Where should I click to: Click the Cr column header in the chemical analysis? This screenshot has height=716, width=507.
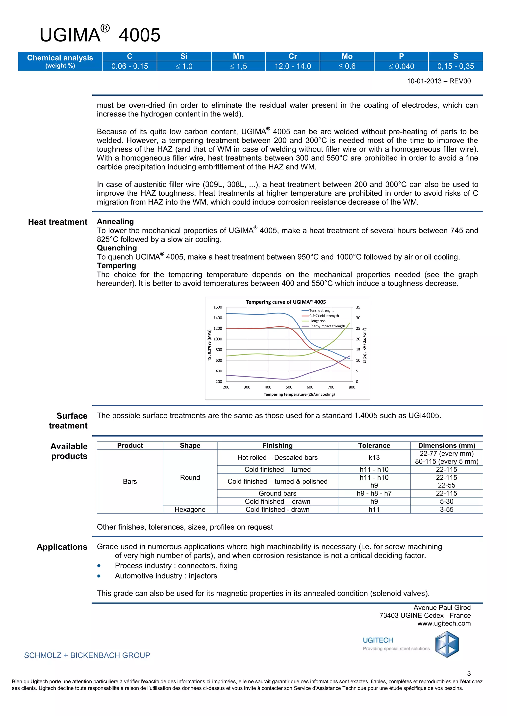[x=293, y=56]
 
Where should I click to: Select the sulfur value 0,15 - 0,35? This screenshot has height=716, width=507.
[x=456, y=66]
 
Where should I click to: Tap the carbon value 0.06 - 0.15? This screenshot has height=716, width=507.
[x=129, y=66]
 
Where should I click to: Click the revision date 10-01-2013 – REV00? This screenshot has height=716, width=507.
[x=439, y=81]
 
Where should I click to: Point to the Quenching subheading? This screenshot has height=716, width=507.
[x=117, y=248]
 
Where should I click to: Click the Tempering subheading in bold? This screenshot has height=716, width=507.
[x=116, y=266]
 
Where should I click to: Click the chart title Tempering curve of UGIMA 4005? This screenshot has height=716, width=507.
[x=286, y=302]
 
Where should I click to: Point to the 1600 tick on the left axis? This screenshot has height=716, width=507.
[x=218, y=307]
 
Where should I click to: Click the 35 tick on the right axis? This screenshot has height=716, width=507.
[x=358, y=307]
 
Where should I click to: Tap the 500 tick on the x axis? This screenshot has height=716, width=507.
[x=289, y=387]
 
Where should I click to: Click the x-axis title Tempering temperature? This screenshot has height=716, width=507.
[x=299, y=395]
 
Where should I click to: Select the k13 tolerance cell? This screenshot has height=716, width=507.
[x=374, y=457]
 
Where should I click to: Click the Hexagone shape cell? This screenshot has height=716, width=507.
[x=190, y=510]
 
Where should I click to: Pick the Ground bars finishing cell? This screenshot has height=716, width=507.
[x=277, y=493]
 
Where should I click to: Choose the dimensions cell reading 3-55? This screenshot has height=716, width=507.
[x=446, y=510]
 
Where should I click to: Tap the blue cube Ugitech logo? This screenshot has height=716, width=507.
[x=447, y=644]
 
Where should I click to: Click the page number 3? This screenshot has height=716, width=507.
[x=469, y=673]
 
